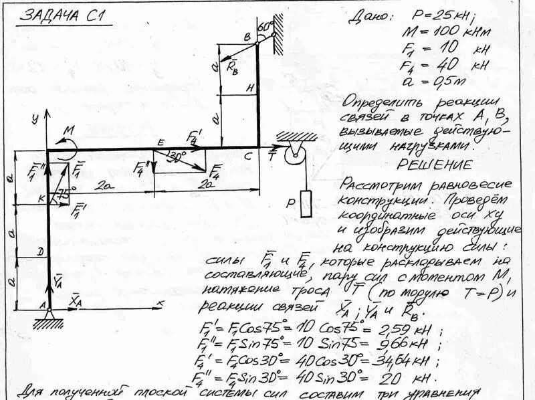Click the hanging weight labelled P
(x=307, y=205)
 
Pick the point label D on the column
(x=41, y=252)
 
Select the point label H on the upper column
(x=249, y=88)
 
